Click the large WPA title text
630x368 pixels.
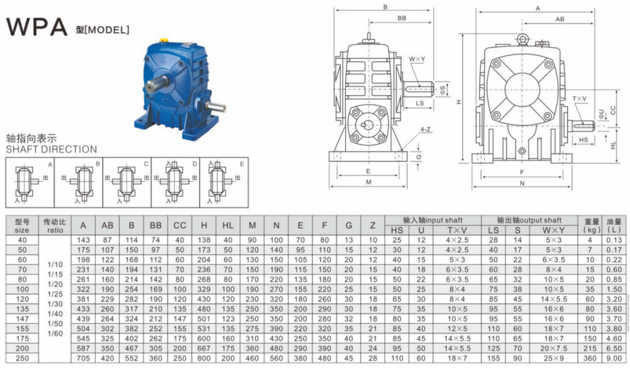[36, 27]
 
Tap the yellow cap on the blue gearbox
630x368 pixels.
[164, 40]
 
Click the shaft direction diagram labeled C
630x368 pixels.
[127, 183]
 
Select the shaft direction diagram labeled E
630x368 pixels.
[224, 183]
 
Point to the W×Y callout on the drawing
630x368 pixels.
[417, 59]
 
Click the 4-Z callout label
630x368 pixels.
[425, 129]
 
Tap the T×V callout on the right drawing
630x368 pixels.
[579, 98]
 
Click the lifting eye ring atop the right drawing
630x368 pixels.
[522, 39]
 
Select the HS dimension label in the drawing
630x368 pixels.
[583, 140]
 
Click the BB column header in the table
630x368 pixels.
[155, 225]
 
